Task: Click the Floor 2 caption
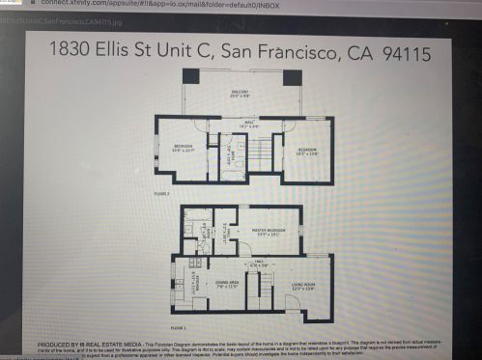[x=161, y=194]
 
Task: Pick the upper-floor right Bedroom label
[x=307, y=152]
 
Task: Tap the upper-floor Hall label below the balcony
[x=248, y=124]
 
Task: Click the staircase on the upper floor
[x=258, y=150]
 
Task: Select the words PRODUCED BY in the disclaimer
[x=60, y=343]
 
